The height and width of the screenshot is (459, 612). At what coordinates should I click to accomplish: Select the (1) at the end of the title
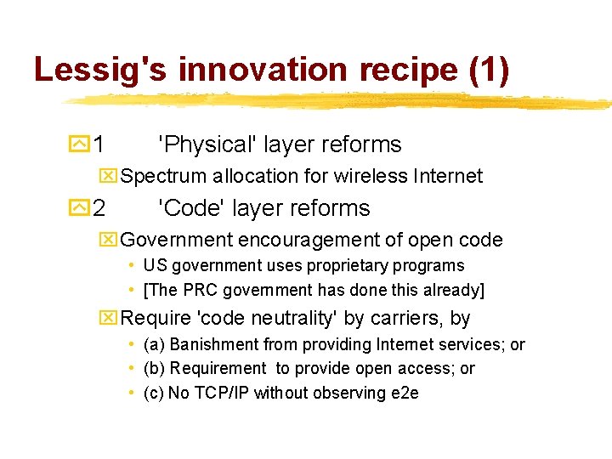(x=489, y=70)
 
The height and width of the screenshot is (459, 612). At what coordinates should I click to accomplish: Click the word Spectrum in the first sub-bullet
(x=163, y=176)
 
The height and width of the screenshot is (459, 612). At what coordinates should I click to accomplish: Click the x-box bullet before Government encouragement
(x=109, y=241)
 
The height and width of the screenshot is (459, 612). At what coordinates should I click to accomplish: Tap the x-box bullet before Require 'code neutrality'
(x=109, y=319)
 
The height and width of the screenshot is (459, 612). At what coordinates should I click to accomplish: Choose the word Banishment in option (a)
(x=213, y=344)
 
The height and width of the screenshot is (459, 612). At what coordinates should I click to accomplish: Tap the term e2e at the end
(x=404, y=393)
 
